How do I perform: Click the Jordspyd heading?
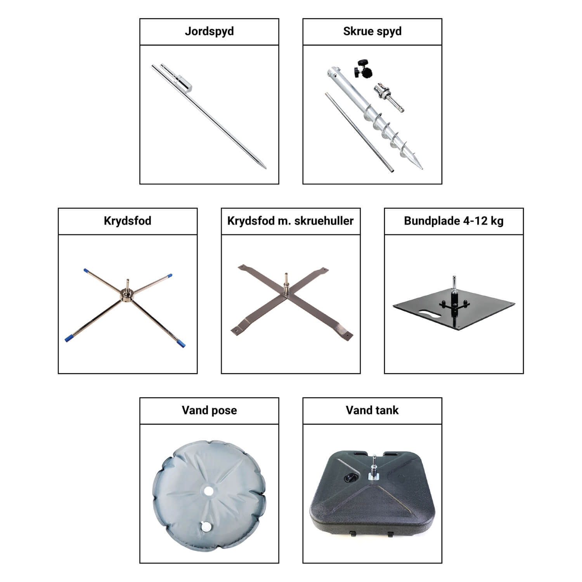pos(209,31)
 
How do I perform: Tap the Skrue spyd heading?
pos(372,31)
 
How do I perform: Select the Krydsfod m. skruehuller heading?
pos(290,221)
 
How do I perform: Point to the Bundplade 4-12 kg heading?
pos(454,221)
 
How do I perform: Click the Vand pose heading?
pos(209,411)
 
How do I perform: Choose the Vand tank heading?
pos(372,410)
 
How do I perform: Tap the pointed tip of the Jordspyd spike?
pos(265,168)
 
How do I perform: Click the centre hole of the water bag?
pos(208,491)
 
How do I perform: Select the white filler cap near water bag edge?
pos(206,527)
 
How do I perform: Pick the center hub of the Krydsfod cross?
pos(128,294)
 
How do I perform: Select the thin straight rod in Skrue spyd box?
pos(359,132)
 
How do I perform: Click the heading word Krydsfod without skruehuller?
pos(128,221)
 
